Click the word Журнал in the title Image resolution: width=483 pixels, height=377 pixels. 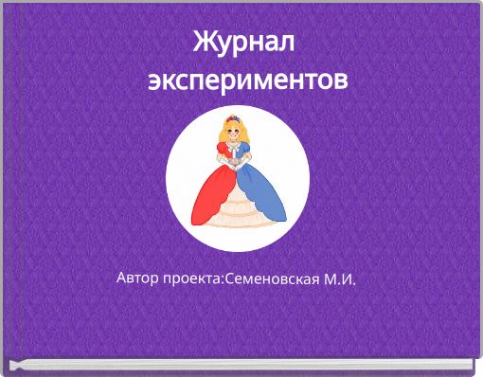(244, 43)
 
